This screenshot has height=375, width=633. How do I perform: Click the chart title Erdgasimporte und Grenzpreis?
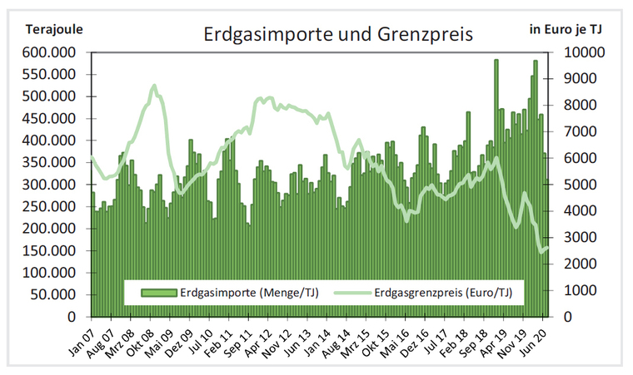pyautogui.click(x=338, y=35)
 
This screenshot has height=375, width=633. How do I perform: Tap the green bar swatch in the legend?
pyautogui.click(x=157, y=292)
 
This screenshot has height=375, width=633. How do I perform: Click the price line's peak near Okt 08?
pyautogui.click(x=154, y=86)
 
